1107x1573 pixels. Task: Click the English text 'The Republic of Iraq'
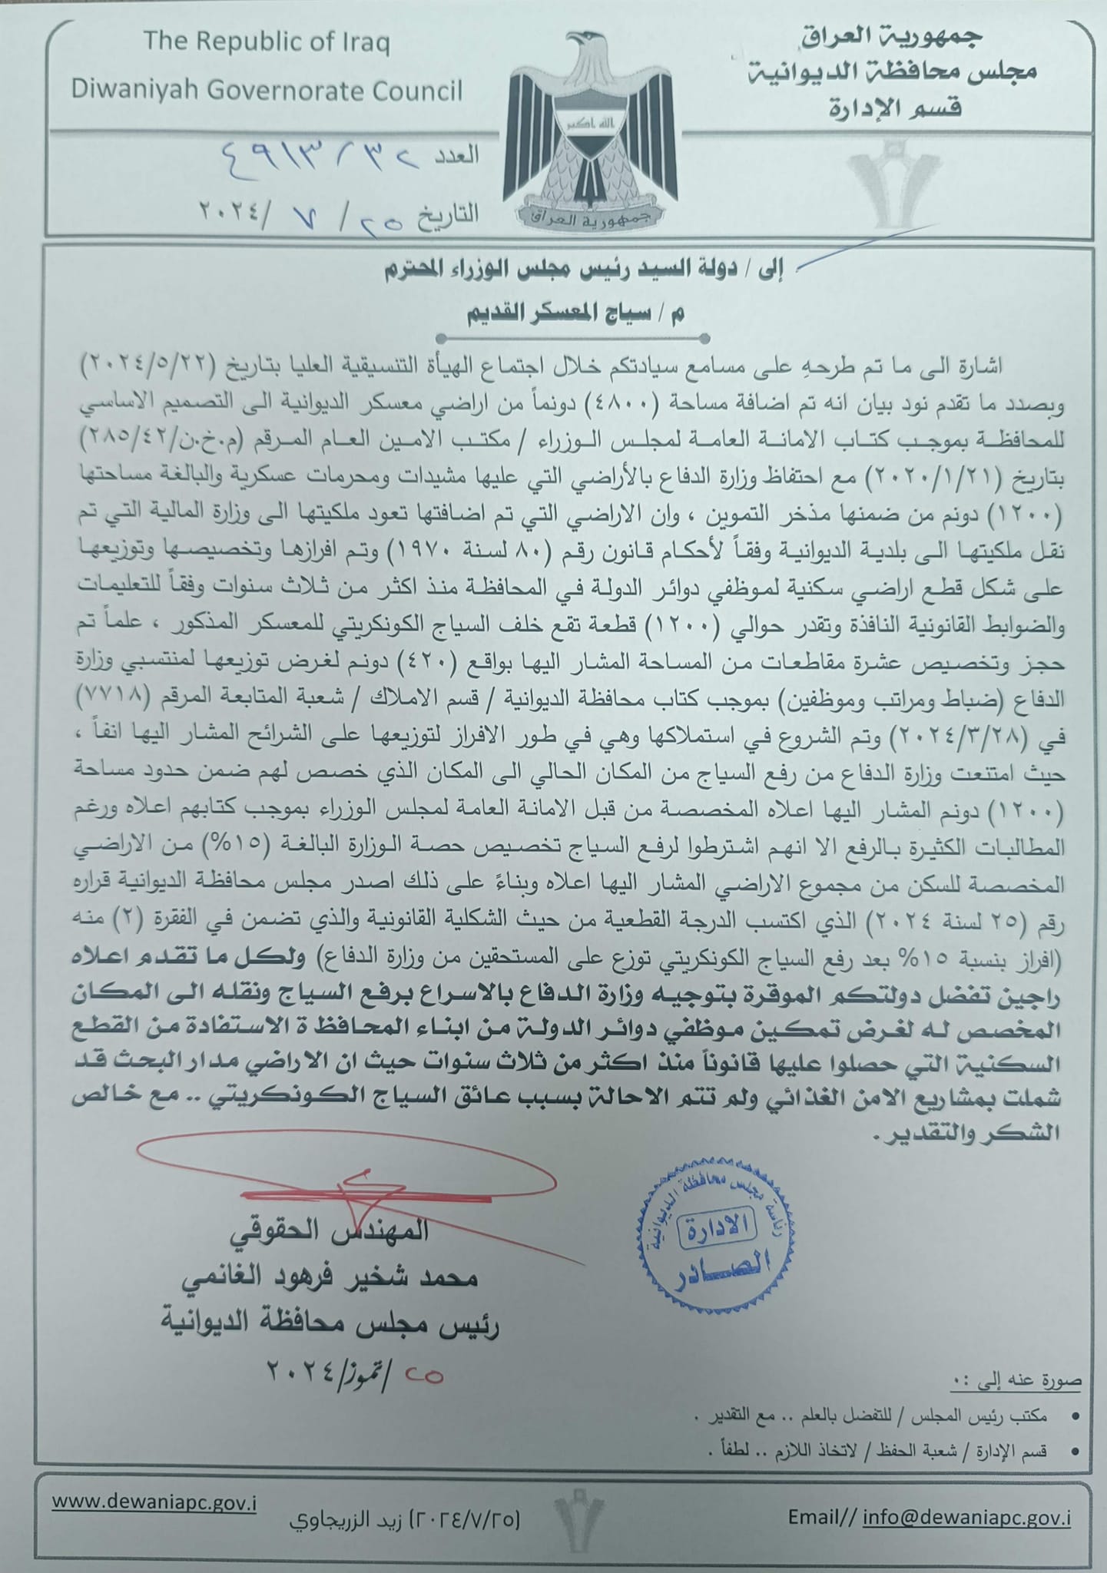click(x=267, y=41)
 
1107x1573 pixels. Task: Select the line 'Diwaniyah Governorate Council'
click(x=267, y=91)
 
